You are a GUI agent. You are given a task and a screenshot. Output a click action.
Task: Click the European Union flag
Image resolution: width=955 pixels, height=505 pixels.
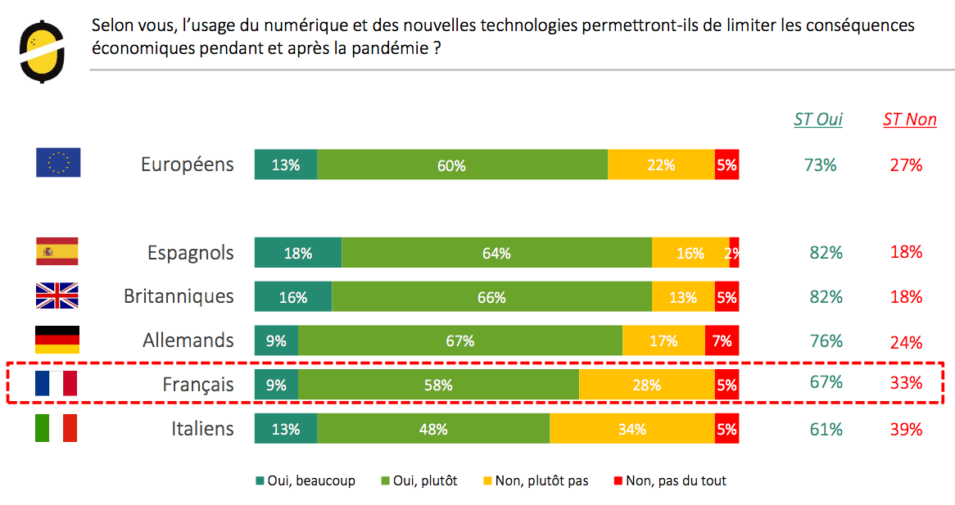58,163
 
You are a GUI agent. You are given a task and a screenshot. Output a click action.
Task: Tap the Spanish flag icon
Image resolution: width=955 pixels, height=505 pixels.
57,251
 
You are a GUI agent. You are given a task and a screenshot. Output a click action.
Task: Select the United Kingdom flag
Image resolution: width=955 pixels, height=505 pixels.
57,295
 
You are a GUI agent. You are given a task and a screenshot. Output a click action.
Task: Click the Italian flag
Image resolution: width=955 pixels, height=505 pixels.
56,428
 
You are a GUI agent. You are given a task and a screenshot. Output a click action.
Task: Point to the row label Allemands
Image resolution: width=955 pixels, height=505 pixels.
188,340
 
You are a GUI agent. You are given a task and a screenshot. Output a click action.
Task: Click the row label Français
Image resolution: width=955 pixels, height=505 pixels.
197,385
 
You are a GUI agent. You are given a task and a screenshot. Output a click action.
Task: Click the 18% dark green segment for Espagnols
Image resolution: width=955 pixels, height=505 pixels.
298,253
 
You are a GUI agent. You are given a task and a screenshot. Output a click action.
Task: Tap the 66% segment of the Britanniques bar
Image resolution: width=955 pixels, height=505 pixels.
491,297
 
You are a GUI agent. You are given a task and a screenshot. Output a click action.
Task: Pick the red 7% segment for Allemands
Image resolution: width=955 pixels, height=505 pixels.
722,340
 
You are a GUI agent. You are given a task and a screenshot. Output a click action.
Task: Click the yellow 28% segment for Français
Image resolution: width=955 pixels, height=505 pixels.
646,385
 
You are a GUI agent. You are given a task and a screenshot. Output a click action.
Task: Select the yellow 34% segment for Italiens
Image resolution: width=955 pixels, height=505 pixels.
631,429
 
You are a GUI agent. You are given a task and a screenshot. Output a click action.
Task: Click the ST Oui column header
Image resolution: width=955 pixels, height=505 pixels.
818,119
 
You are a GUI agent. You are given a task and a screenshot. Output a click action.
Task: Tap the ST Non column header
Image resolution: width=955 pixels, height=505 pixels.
909,119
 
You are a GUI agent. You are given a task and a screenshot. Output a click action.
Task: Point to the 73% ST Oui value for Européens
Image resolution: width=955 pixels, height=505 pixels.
820,165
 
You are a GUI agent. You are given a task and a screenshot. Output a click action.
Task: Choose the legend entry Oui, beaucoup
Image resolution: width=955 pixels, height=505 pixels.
306,480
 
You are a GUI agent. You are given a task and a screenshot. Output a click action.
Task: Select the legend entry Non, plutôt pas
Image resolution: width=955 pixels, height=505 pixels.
536,480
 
